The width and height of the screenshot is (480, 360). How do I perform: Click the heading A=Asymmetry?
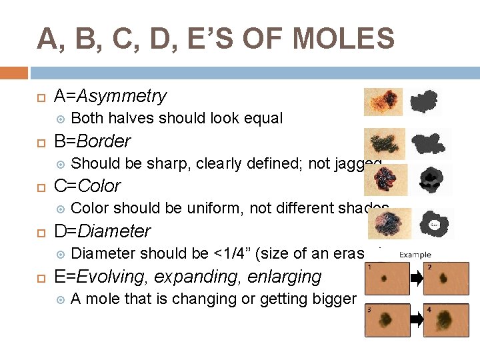[110, 96]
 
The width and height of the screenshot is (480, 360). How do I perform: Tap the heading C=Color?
[87, 186]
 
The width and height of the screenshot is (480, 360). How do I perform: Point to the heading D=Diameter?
[102, 231]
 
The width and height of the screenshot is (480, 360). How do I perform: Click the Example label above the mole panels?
[415, 255]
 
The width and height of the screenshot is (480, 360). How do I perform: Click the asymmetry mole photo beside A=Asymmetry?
[383, 102]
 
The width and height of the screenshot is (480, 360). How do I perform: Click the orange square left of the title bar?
[14, 73]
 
